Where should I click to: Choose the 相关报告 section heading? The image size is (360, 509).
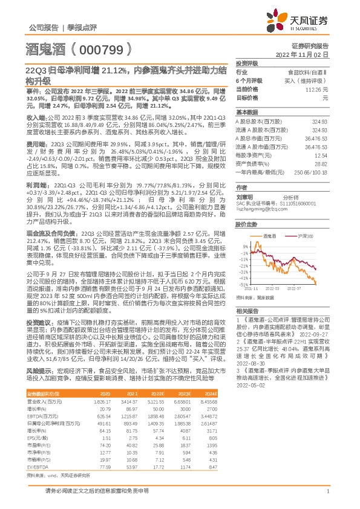coord(246,309)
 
